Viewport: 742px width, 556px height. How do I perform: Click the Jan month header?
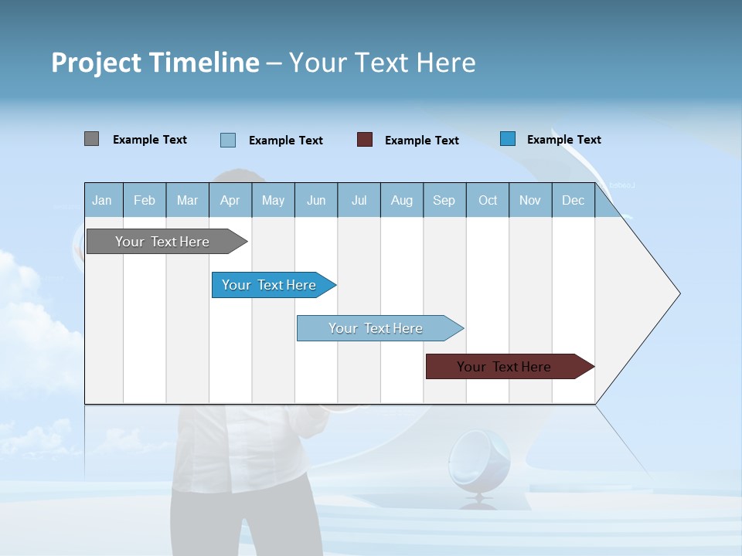pos(103,200)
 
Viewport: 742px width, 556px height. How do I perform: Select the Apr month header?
pos(230,200)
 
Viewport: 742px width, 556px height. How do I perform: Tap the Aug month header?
pos(401,200)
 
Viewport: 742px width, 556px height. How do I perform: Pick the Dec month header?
pos(573,200)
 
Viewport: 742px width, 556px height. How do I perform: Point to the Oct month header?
pos(487,200)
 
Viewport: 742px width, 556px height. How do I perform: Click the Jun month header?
pos(315,200)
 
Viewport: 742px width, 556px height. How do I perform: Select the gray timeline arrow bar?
pos(162,242)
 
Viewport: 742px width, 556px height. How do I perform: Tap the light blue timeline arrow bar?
pos(376,328)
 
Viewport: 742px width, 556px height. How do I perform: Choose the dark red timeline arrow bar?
pos(504,367)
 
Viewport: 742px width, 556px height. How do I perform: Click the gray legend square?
pos(91,139)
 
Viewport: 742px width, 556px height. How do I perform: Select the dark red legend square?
pos(365,140)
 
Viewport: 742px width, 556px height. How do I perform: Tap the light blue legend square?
pos(228,140)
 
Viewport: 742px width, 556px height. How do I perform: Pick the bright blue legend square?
pos(507,139)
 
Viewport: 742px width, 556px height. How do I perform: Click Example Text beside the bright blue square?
pos(563,140)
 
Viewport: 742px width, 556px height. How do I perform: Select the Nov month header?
pos(529,200)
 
